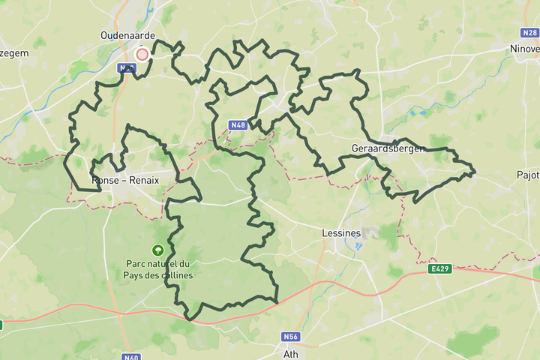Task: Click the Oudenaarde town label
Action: pos(127,35)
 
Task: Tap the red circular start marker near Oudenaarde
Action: pos(142,54)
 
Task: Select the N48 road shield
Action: pos(238,124)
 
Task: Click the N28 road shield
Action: pos(528,34)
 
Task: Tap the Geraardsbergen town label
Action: pos(388,148)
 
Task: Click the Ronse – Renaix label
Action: pos(124,181)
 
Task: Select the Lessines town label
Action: pos(340,233)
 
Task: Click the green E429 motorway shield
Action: pos(441,268)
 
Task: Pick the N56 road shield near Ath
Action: pos(291,337)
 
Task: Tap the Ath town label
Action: pos(291,353)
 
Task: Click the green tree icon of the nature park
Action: pos(158,250)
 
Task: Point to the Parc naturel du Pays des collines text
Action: pos(158,269)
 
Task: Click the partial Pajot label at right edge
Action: pos(528,175)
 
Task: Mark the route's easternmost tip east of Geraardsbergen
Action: pos(475,173)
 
